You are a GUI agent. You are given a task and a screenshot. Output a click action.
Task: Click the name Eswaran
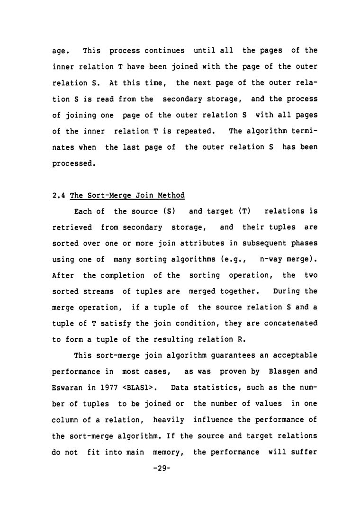[66, 389]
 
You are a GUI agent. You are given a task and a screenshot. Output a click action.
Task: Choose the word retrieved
[72, 227]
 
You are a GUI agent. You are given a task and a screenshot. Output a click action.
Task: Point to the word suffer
[304, 452]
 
